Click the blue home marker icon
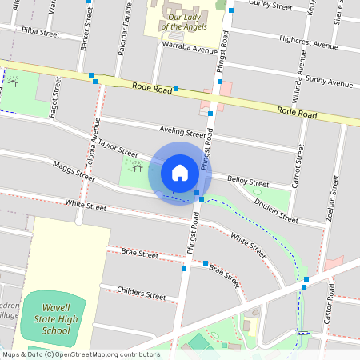coord(180,173)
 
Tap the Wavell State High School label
coord(60,319)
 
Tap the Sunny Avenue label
coord(329,82)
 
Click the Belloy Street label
coord(248,182)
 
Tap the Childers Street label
coord(141,292)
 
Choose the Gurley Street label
coord(270,5)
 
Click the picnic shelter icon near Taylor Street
coord(138,168)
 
